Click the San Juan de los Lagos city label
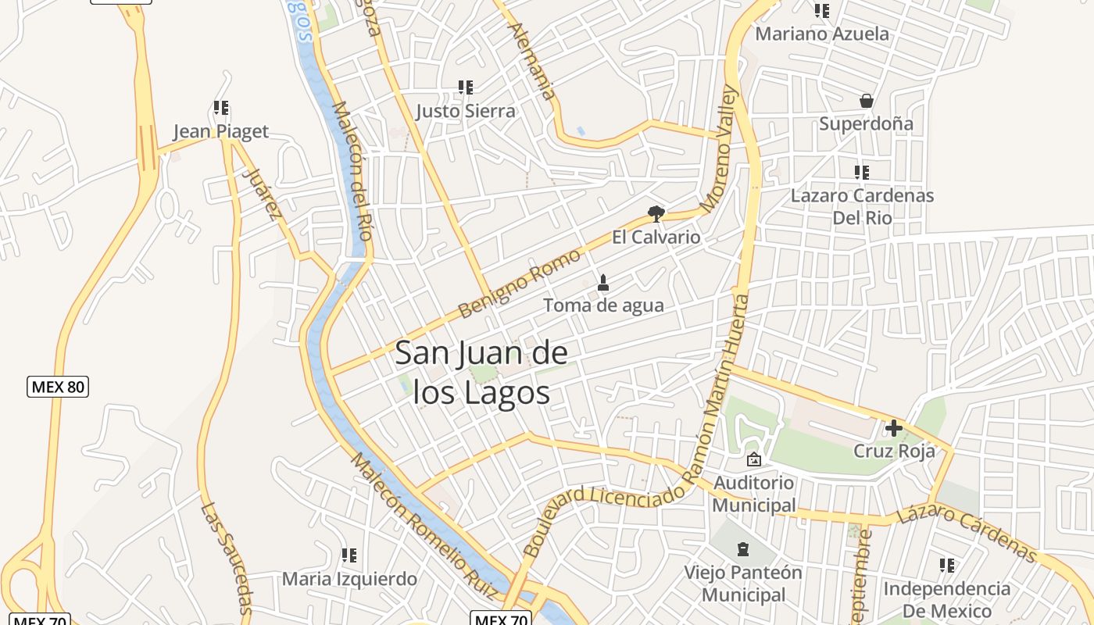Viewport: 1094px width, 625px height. point(481,373)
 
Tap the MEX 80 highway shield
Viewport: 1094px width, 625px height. point(58,386)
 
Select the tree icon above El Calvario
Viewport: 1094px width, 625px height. point(656,213)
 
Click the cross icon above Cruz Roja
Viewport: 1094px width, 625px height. point(893,428)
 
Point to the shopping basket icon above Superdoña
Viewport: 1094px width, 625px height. point(866,101)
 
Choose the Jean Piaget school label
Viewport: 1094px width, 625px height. point(220,131)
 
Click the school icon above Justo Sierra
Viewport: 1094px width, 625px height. point(466,87)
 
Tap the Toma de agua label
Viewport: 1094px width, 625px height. point(603,305)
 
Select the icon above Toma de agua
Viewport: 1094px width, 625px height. point(602,283)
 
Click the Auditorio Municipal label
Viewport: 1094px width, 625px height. point(754,494)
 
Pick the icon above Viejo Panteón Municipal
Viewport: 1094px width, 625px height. point(744,550)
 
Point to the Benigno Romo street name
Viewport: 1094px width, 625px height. point(519,284)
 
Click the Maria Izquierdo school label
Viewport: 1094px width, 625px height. point(349,579)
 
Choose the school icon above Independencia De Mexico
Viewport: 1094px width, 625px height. point(947,565)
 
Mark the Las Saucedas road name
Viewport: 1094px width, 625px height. point(226,557)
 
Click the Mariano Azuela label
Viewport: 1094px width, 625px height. point(822,34)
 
